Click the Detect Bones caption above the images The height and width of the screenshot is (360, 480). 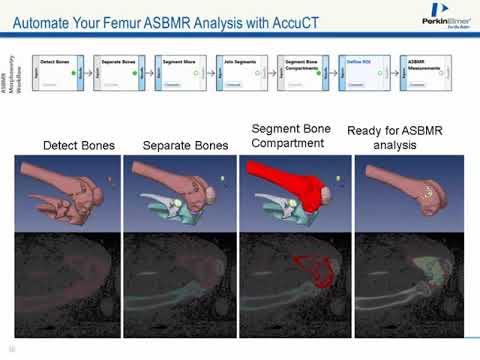[78, 146]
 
